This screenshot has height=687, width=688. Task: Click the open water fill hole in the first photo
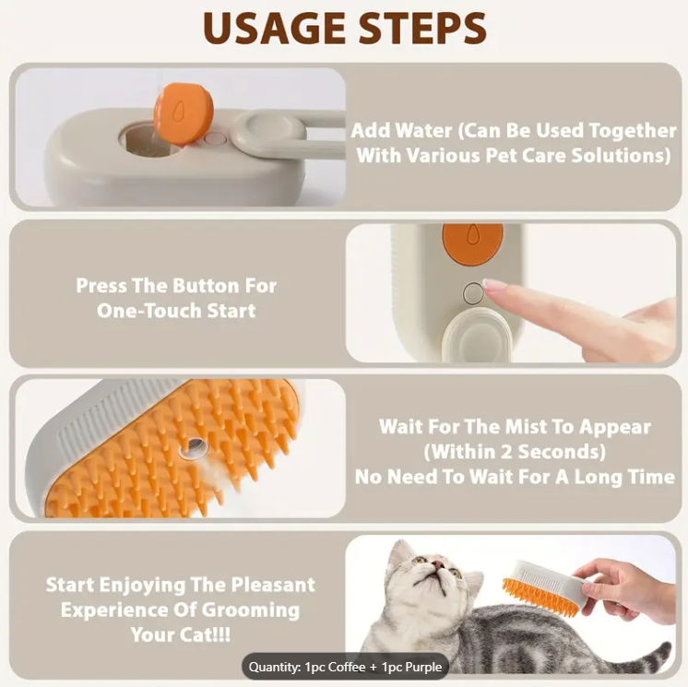pos(139,142)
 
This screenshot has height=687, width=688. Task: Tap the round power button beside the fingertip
pos(473,293)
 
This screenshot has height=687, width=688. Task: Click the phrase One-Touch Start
pos(176,310)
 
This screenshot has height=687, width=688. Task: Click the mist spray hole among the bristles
pos(195,449)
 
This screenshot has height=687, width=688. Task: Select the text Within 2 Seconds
pos(515,452)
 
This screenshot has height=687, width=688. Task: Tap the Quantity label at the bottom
pos(276,667)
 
